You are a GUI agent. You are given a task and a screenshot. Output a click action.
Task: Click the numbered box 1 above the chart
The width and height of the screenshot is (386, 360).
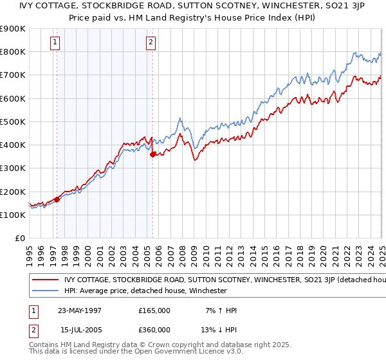pos(55,43)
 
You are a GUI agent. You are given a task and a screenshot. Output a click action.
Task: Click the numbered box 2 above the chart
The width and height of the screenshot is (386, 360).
pos(151,43)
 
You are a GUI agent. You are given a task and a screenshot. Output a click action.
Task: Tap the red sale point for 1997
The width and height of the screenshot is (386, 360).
pos(57,199)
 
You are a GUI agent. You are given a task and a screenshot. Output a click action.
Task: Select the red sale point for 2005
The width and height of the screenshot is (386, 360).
pos(152,154)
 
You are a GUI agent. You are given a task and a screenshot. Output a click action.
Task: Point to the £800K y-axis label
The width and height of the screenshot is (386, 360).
pos(13,51)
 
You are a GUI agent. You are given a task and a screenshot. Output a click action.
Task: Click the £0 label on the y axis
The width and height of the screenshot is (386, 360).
pos(20,238)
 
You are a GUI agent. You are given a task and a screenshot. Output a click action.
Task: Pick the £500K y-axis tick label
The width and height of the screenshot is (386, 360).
pos(13,122)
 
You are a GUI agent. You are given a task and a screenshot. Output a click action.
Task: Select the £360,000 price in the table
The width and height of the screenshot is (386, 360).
pos(154,330)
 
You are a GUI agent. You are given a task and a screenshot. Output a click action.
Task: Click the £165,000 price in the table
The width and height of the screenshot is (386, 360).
pos(154,310)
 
